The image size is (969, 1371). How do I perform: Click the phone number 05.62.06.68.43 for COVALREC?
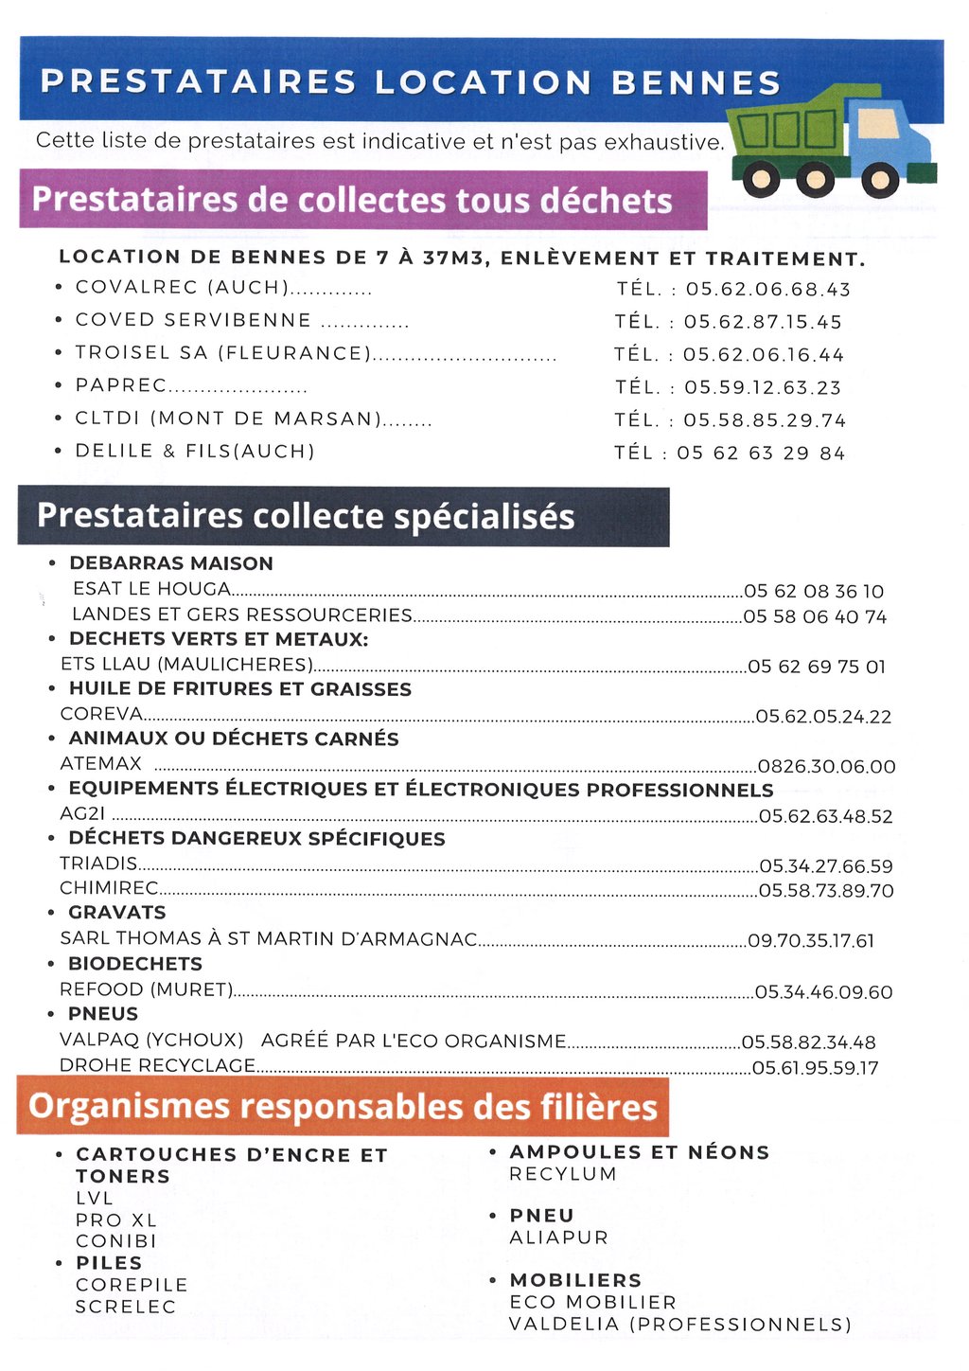coord(767,290)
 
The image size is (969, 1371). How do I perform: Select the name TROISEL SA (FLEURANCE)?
coord(223,353)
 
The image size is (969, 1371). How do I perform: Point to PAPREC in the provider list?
coord(121,386)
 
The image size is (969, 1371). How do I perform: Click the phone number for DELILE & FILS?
coord(760,454)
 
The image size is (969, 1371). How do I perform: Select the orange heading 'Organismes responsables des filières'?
coord(343,1107)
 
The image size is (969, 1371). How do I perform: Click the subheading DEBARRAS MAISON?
coord(171,563)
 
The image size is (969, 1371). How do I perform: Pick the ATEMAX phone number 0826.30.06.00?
coord(826,767)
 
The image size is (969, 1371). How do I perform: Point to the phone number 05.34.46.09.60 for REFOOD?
coord(823,992)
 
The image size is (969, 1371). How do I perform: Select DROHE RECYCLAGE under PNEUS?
coord(157,1066)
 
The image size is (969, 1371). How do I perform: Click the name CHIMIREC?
coord(109,889)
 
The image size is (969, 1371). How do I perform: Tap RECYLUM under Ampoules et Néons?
coord(563,1174)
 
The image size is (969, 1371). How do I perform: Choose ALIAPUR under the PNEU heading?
coord(558,1237)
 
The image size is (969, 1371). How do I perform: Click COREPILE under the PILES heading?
coord(132,1285)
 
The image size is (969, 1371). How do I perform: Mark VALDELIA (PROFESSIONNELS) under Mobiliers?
coord(679,1324)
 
